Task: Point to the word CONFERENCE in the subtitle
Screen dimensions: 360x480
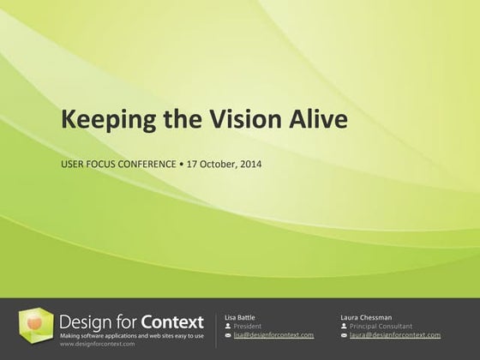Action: [x=136, y=163]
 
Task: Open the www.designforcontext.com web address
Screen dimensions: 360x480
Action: [x=98, y=345]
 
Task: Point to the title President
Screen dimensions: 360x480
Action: [x=249, y=326]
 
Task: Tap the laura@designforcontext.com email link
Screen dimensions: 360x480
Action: [x=395, y=334]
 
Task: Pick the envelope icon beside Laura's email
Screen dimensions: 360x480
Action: [x=344, y=334]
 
